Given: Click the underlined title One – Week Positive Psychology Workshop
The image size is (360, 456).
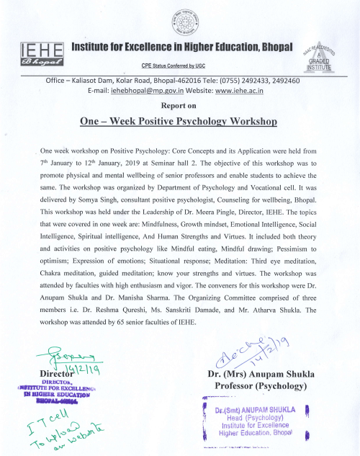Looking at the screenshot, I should point(179,121).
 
